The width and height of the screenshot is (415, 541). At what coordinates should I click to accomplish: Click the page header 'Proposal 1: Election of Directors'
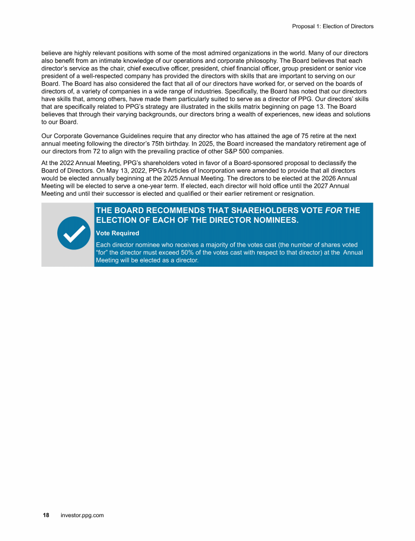click(332, 26)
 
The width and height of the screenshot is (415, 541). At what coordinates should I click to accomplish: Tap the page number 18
click(46, 516)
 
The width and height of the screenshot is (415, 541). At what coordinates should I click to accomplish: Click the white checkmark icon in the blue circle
click(73, 233)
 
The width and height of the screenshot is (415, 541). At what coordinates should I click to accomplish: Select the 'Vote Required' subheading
click(117, 233)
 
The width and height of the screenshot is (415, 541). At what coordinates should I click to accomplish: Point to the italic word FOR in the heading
click(333, 210)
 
